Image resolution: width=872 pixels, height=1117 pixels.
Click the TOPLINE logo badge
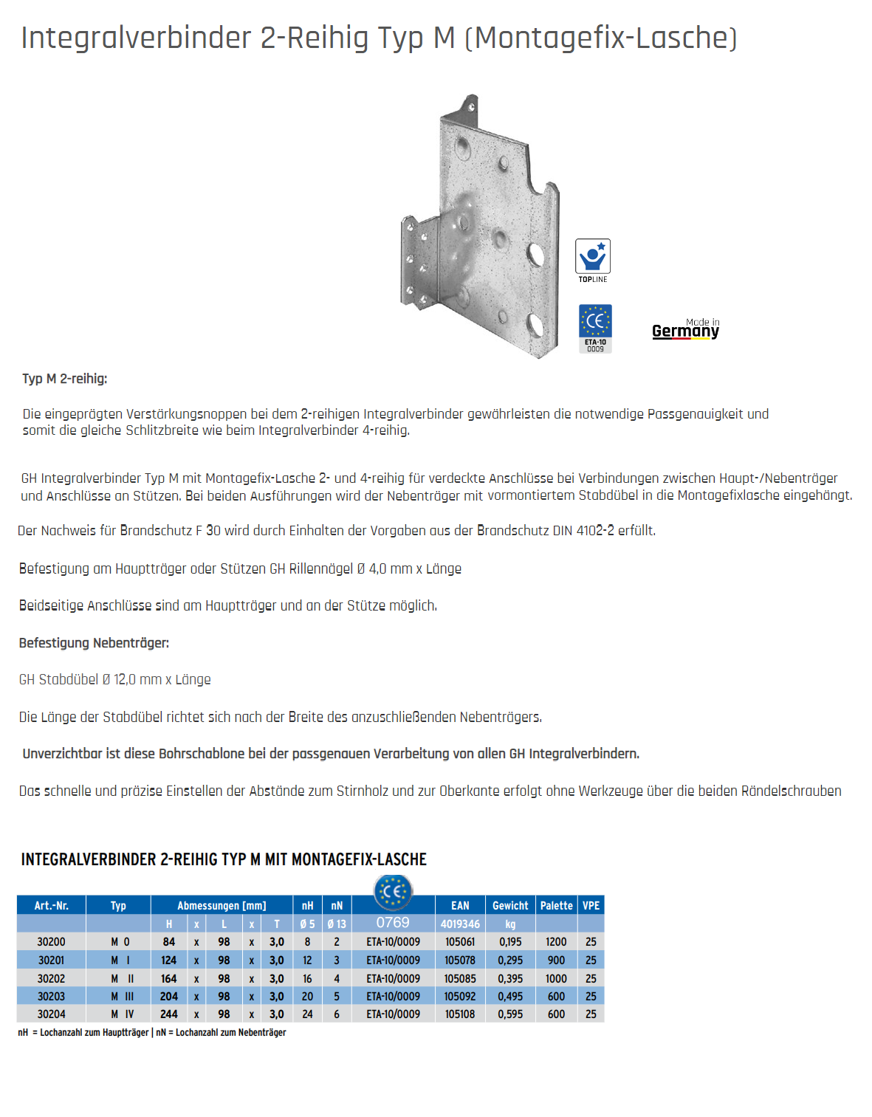point(592,259)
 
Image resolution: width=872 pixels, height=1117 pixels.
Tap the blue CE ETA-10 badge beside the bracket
point(595,328)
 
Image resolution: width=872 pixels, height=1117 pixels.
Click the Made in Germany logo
point(685,329)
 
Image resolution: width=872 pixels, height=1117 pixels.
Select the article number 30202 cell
point(51,978)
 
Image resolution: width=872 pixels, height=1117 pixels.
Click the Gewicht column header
point(510,905)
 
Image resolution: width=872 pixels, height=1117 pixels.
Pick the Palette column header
point(556,905)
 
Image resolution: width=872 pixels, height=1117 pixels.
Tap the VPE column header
point(591,905)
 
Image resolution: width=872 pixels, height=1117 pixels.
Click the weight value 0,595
point(510,1014)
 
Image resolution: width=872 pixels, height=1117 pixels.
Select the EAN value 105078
point(460,960)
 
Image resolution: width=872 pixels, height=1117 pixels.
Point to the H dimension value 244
point(169,1014)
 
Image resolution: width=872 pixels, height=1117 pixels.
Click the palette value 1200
point(556,942)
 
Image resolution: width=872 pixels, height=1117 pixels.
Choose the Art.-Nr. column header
point(51,905)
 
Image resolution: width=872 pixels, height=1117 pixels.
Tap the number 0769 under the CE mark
point(393,923)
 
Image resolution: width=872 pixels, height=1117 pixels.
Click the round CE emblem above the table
point(393,891)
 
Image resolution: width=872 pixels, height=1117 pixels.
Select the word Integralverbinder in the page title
point(137,38)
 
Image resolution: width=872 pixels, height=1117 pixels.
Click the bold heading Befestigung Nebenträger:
point(94,643)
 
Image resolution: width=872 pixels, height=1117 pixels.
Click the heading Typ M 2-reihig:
point(65,379)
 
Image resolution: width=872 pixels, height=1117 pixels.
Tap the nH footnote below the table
point(83,1032)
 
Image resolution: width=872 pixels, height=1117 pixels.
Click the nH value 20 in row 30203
point(307,996)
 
